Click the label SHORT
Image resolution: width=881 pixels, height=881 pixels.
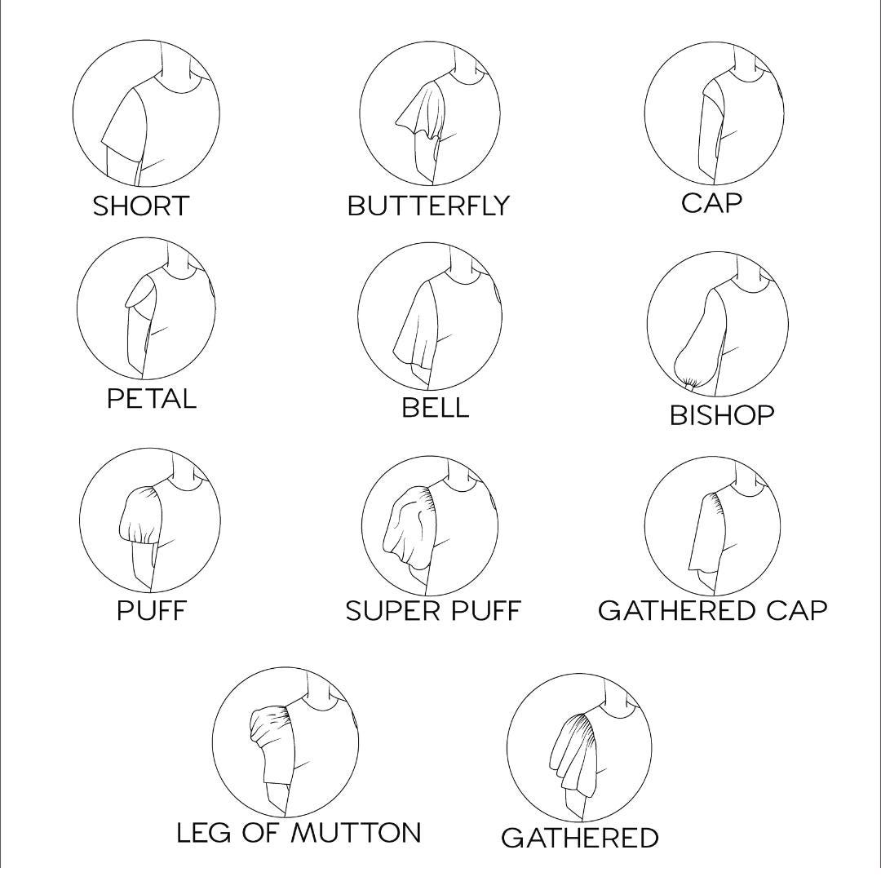click(x=140, y=206)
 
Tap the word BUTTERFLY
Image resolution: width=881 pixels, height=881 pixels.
click(x=428, y=206)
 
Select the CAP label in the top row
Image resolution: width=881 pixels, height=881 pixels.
click(x=712, y=203)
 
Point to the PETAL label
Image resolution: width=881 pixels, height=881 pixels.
click(x=152, y=399)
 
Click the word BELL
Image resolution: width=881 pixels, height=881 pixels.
click(x=435, y=407)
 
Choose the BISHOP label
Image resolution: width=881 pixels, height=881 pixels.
click(x=722, y=415)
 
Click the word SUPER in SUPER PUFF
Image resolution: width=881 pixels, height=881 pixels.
click(x=383, y=610)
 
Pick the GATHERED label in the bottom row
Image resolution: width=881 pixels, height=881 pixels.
click(x=579, y=838)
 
